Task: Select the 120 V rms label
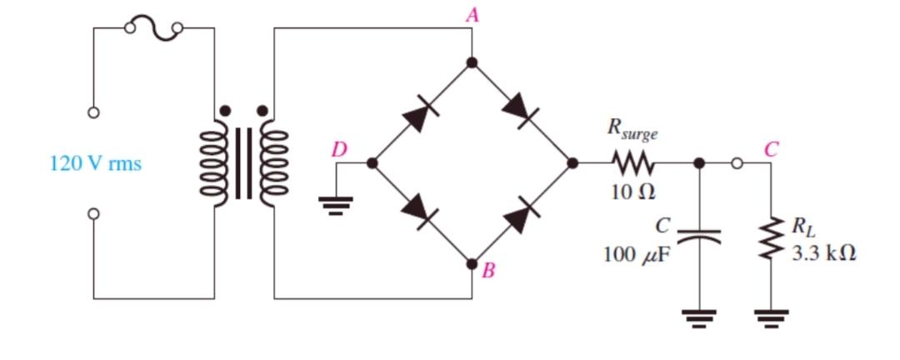point(96,163)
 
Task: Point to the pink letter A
point(472,14)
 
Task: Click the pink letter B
point(490,270)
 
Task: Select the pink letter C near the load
point(771,150)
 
